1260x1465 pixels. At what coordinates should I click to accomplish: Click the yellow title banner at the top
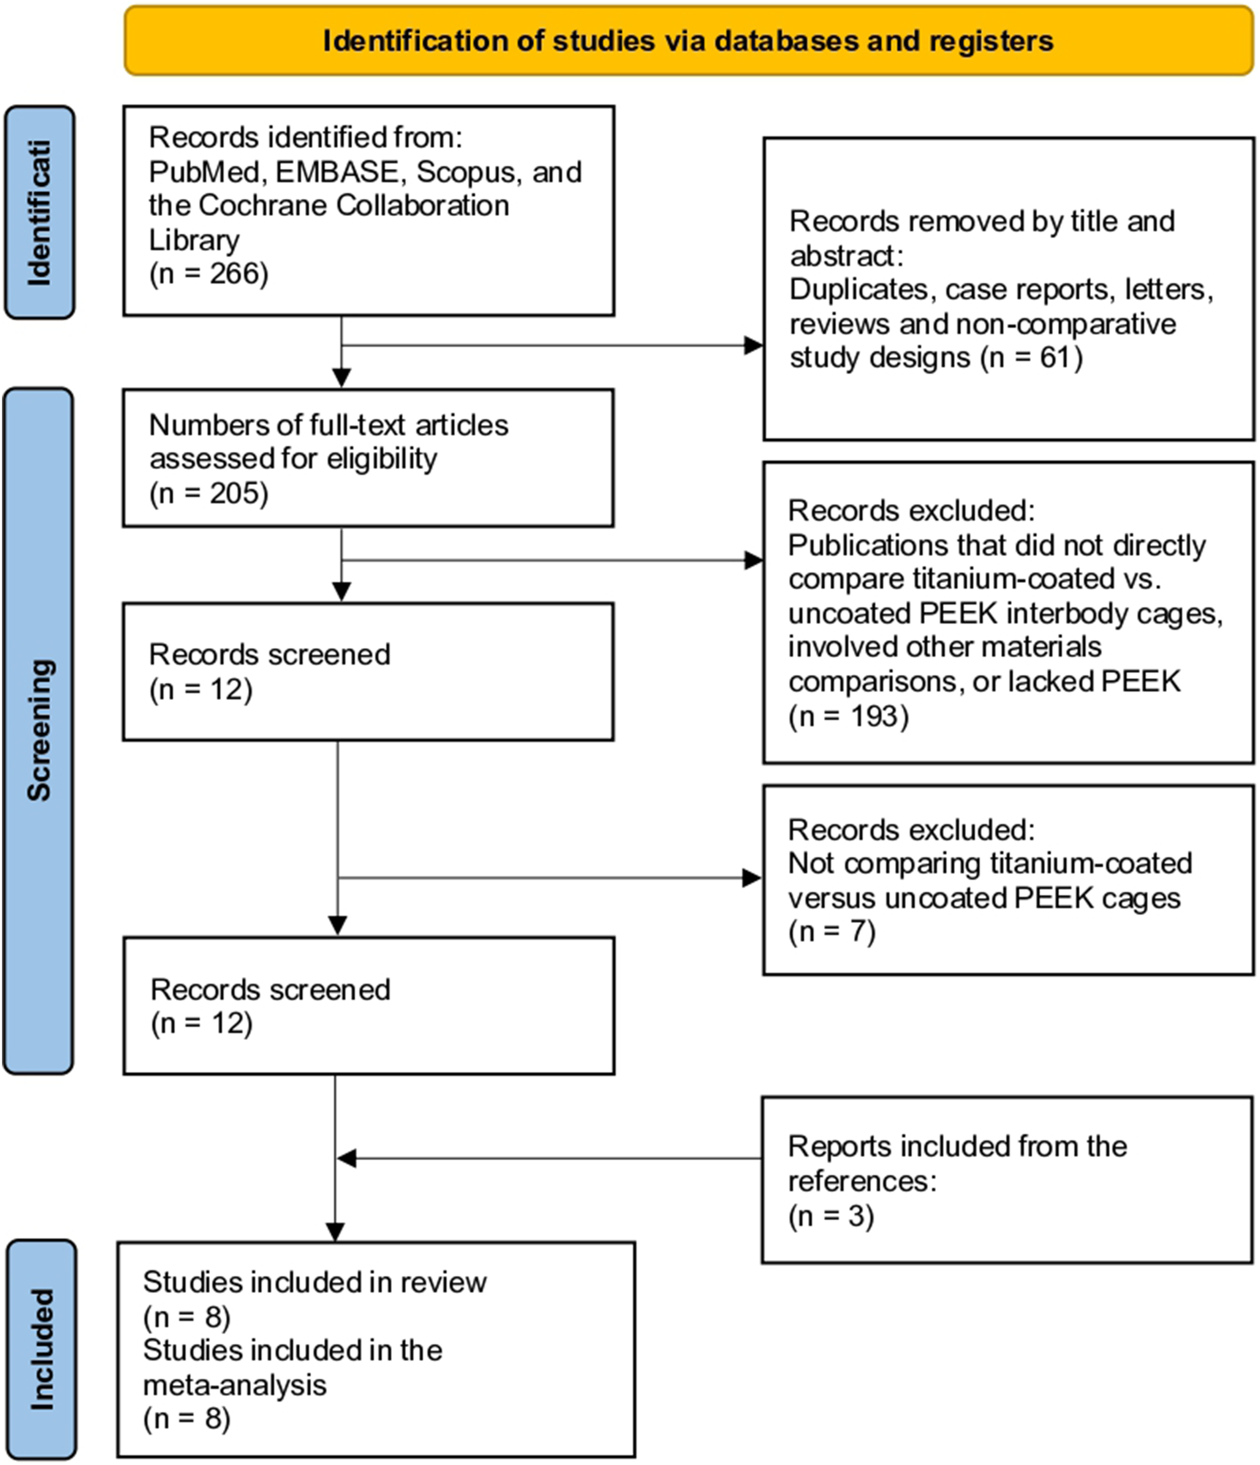coord(689,40)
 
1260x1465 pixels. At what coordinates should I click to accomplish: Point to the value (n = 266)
coord(209,274)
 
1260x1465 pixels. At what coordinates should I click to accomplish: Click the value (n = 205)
coord(209,493)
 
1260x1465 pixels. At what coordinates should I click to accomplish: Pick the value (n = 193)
coord(848,716)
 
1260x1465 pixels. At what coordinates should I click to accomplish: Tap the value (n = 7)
coord(832,931)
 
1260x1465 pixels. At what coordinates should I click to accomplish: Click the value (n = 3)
coord(831,1216)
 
